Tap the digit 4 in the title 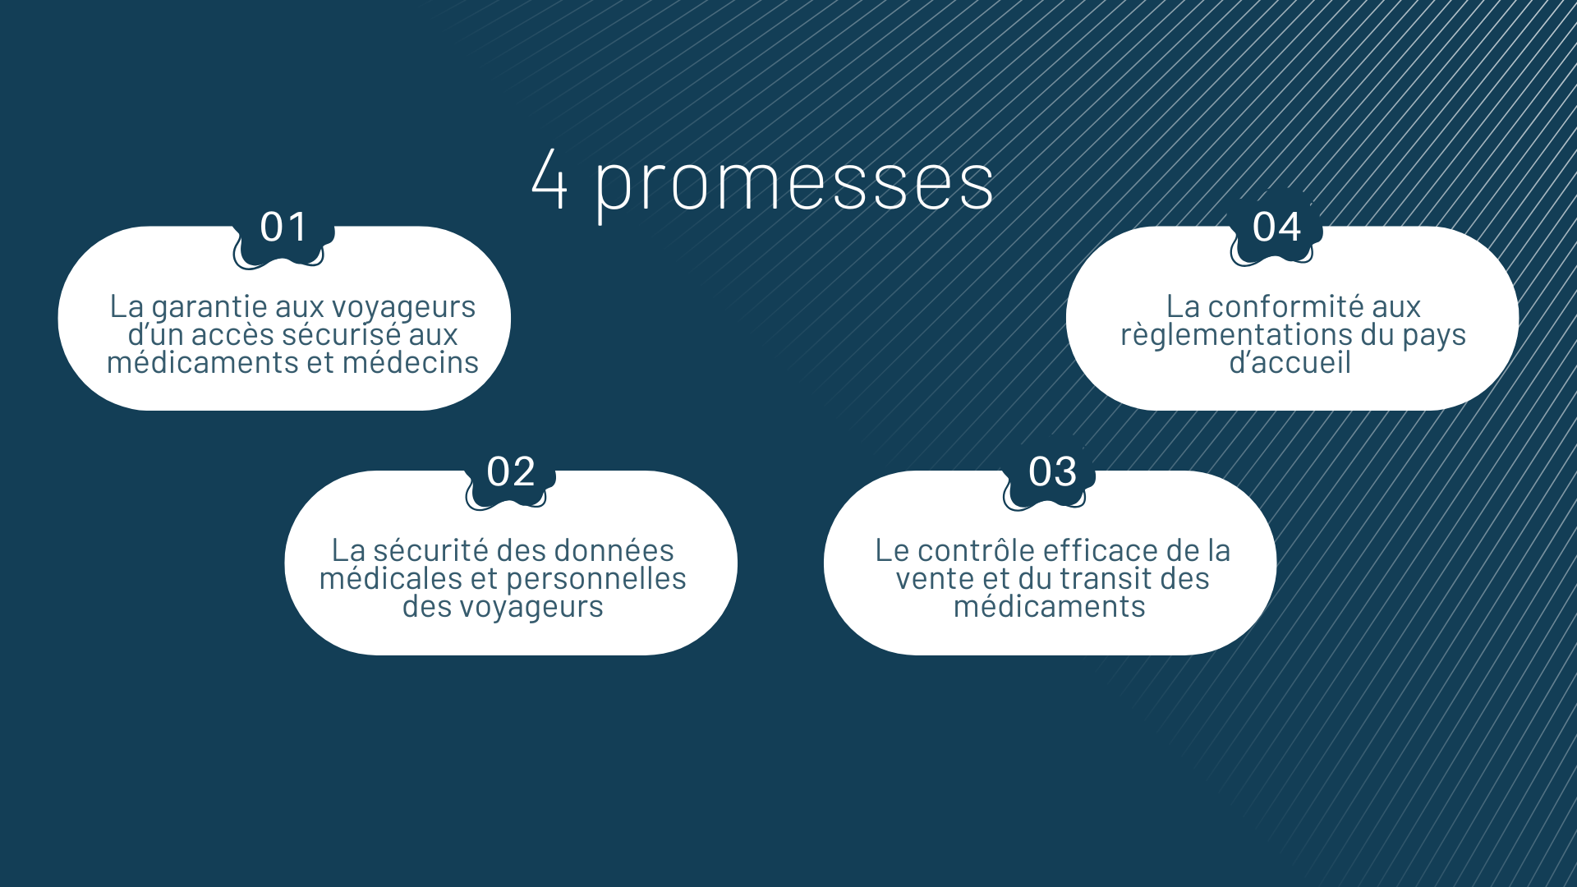[x=549, y=178]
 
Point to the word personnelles [x=596, y=580]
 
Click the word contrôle [x=988, y=550]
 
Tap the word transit [x=1112, y=579]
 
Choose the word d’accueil [x=1290, y=362]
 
